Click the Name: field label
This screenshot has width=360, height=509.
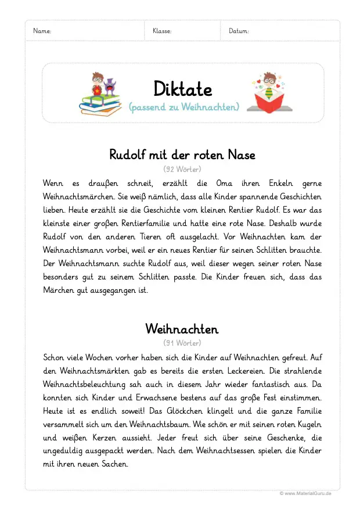42,31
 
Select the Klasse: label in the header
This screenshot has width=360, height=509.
162,31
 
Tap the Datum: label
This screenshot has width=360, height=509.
239,31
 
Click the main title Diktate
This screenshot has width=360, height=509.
183,89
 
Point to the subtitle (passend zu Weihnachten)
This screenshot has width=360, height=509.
183,107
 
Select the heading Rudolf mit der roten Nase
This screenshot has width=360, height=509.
182,155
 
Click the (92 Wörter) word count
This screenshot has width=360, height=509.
182,169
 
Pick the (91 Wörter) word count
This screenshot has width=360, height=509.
182,343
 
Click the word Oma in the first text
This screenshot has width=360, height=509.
224,183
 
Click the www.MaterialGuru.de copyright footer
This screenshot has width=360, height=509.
305,493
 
